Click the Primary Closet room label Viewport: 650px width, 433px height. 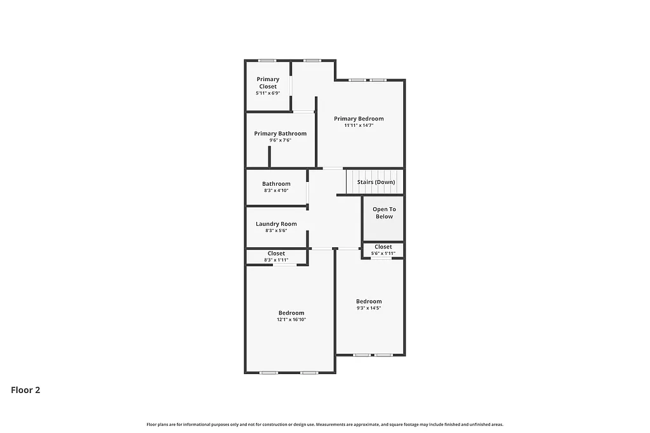tap(268, 82)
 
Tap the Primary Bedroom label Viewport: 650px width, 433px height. tap(359, 119)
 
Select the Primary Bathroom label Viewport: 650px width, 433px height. tap(280, 133)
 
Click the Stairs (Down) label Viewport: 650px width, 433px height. tap(376, 182)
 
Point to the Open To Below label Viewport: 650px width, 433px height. tap(384, 213)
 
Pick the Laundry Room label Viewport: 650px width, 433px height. tap(276, 224)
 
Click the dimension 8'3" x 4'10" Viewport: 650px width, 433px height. tap(276, 190)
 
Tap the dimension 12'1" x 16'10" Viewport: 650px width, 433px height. tap(291, 320)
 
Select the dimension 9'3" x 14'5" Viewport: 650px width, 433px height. tap(369, 308)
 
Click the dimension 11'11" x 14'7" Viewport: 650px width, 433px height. tap(359, 126)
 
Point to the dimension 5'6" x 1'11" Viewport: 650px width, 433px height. tap(383, 254)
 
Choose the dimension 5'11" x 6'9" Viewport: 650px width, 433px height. tap(268, 93)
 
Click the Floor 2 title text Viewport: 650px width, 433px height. tap(25, 390)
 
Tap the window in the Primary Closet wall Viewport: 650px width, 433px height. tap(267, 60)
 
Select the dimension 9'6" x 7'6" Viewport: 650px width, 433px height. tap(280, 140)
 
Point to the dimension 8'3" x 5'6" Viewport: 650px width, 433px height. tap(276, 230)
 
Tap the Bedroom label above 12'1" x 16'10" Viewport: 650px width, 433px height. tap(291, 313)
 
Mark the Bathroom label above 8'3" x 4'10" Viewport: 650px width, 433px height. tap(276, 184)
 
